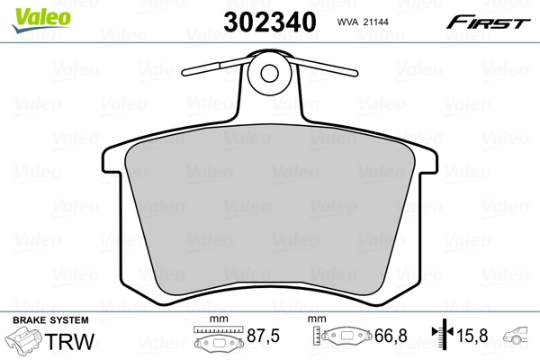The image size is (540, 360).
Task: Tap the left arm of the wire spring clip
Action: pos(216,67)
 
